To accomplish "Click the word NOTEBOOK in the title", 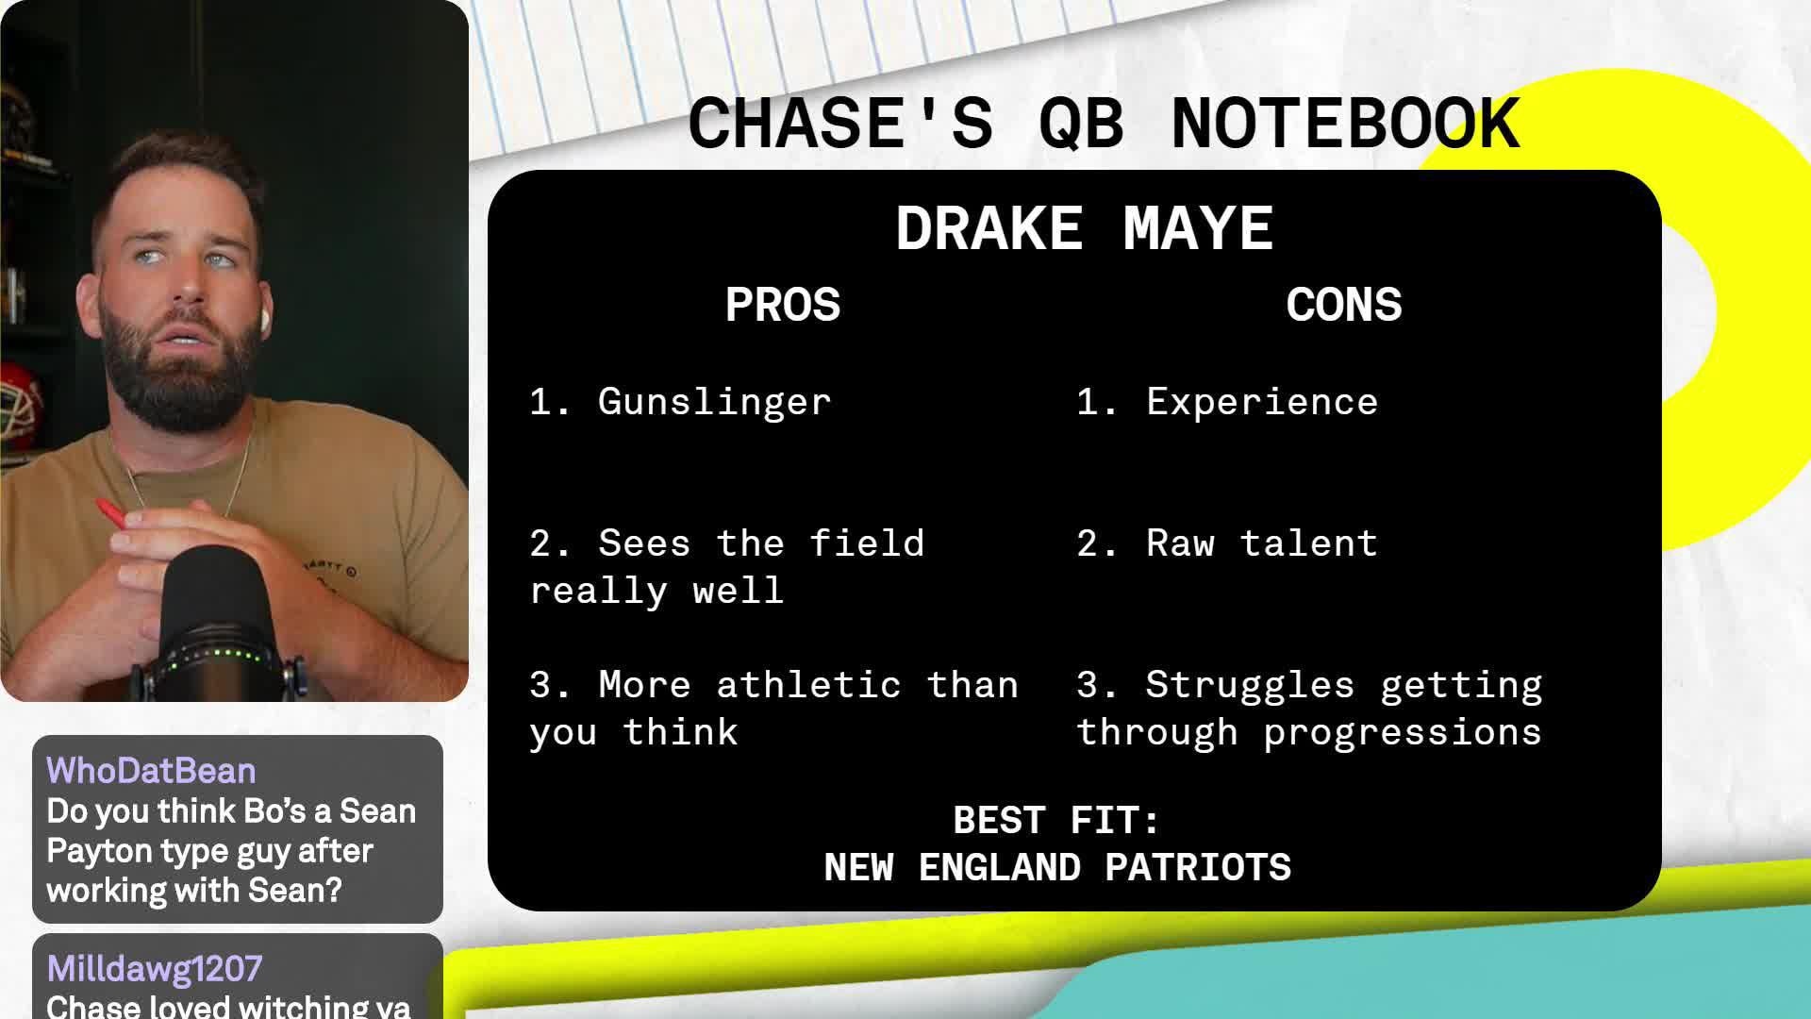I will point(1345,124).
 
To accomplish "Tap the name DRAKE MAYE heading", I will point(1084,228).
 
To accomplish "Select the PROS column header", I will point(782,305).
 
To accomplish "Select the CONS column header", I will point(1343,305).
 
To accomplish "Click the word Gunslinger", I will point(714,402).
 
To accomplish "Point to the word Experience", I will point(1261,402).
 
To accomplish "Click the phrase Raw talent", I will point(1261,543).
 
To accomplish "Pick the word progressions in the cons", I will point(1402,733).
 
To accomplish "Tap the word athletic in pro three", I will point(807,685).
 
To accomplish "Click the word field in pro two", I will point(866,543).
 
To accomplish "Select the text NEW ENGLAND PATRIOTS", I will point(1056,867).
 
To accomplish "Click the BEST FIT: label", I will point(1056,820).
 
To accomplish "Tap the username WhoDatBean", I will point(151,771).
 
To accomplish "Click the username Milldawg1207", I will point(155,969).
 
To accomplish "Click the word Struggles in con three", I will point(1249,685).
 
